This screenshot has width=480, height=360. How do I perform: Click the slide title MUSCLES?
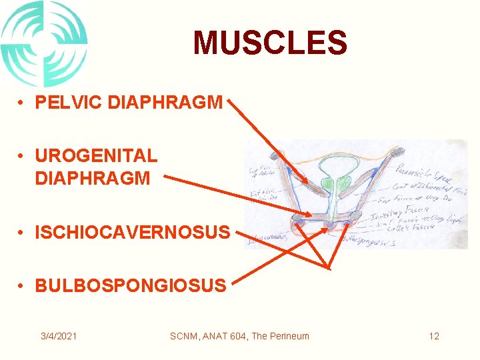click(x=270, y=43)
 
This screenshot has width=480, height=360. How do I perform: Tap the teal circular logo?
click(x=43, y=43)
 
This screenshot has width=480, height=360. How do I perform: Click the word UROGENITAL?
click(x=96, y=155)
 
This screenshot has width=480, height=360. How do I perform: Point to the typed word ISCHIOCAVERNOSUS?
click(x=132, y=233)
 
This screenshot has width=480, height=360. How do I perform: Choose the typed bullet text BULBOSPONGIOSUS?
click(x=130, y=285)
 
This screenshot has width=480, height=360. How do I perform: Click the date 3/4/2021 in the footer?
click(x=58, y=336)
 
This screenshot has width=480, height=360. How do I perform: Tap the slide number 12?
click(x=434, y=336)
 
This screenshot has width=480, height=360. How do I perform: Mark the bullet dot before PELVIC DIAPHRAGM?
click(x=22, y=103)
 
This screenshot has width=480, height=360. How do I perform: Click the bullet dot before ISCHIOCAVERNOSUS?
click(x=22, y=233)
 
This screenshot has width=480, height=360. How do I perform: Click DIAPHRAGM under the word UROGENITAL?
click(x=92, y=178)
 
